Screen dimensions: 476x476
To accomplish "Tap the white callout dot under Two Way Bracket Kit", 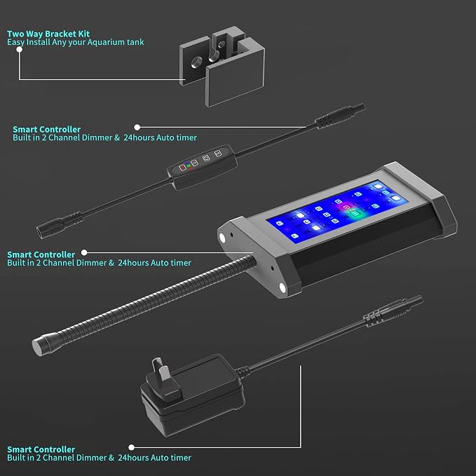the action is [20, 50].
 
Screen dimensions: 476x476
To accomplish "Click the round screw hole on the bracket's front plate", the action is [196, 62].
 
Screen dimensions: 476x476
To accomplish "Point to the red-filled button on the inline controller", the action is [182, 168].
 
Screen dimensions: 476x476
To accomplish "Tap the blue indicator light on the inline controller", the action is [187, 163].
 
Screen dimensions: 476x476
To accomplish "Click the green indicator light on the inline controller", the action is [189, 165].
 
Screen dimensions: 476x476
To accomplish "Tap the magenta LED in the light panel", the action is [346, 208].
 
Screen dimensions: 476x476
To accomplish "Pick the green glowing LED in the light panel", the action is [355, 214].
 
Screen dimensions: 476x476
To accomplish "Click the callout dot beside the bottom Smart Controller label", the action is [132, 447].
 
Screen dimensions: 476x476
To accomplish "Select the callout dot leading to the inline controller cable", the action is [137, 127].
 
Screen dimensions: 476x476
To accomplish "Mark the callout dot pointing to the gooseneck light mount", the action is [84, 252].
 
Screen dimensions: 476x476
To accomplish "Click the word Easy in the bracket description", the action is [15, 42].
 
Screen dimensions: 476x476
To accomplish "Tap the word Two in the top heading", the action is [15, 34].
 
